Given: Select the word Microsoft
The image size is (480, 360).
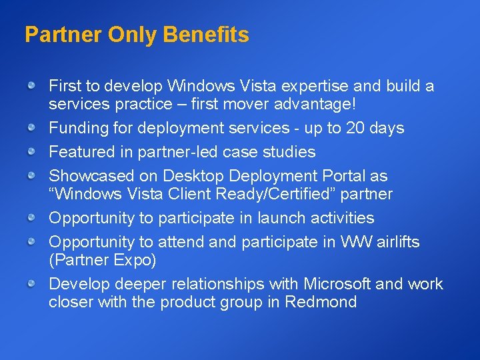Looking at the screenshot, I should pos(337,284).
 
